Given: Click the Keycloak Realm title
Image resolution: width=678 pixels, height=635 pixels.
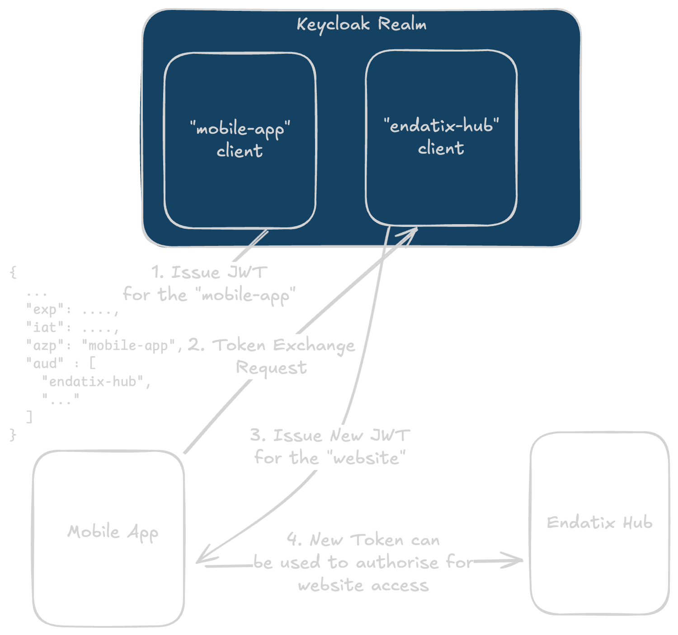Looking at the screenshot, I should click(361, 24).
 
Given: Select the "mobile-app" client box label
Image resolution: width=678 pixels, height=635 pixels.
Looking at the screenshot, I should click(240, 139).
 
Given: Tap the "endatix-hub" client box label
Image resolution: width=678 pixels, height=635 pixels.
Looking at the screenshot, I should click(441, 136).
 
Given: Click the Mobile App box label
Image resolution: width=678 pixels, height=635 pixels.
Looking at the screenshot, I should click(113, 532).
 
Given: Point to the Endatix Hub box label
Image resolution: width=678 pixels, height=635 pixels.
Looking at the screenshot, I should click(599, 522).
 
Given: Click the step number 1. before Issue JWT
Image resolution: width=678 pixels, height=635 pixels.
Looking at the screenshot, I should click(157, 272).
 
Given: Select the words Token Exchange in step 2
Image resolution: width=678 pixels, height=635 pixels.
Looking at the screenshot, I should click(284, 345).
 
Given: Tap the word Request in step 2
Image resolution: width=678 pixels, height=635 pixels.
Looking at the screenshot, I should click(271, 367).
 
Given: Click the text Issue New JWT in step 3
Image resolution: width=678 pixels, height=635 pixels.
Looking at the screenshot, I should click(342, 435).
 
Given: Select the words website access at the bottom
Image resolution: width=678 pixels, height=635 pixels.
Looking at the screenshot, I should click(363, 585).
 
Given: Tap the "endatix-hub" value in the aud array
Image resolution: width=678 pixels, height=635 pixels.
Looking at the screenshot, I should click(93, 381).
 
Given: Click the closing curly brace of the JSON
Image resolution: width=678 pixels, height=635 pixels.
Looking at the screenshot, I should click(13, 435).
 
